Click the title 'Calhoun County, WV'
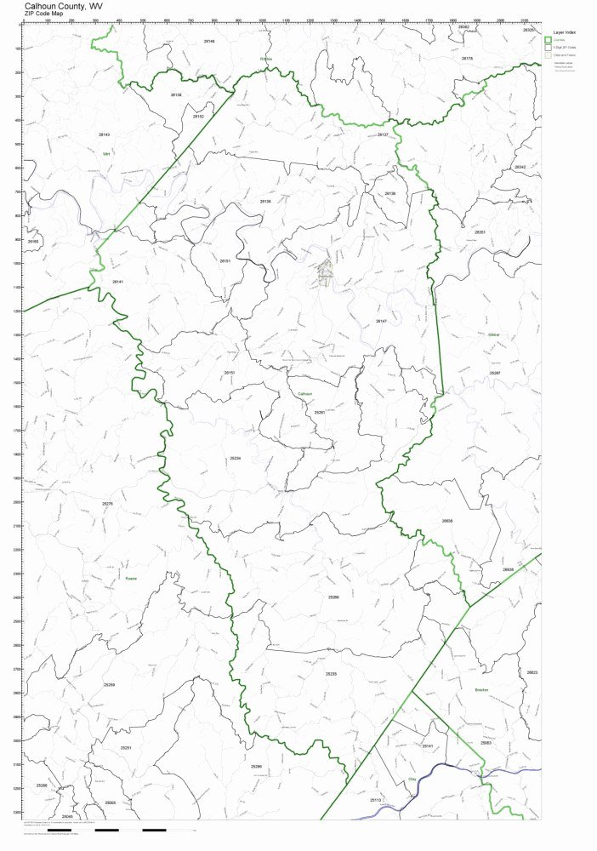tap(64, 5)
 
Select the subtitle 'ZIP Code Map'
tap(44, 14)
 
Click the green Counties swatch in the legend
tap(548, 40)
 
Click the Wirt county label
tap(107, 154)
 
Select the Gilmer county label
tap(494, 335)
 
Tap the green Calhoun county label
tap(305, 395)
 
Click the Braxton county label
tap(481, 690)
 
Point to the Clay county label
tap(413, 778)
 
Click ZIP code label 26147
tap(381, 321)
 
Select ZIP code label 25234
tap(236, 458)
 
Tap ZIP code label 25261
tap(320, 412)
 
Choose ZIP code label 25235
tap(331, 673)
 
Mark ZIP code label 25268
tap(333, 597)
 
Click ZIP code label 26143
tap(104, 134)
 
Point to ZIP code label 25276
tap(107, 504)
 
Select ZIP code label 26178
tap(467, 59)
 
